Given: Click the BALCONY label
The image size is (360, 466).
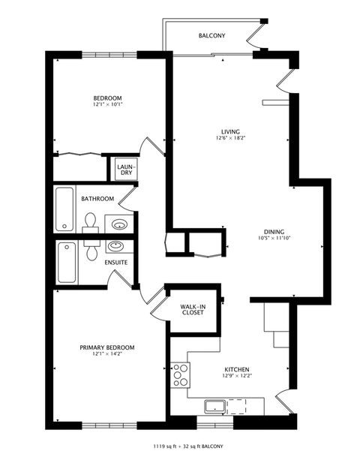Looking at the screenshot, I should [212, 35].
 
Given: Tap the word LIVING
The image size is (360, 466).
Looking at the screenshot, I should [220, 131].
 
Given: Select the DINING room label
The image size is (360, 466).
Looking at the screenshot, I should [273, 232].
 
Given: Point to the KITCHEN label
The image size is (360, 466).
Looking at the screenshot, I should [237, 370].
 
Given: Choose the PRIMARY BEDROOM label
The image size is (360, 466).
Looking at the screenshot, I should [107, 347].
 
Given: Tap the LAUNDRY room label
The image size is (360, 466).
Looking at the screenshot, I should [125, 169].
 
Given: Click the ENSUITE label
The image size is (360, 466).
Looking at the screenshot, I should [115, 262].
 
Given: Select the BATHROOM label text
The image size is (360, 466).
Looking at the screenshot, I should [97, 199].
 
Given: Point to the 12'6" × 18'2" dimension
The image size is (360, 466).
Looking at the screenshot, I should [220, 138].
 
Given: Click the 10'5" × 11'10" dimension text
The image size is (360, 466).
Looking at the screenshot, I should [273, 239].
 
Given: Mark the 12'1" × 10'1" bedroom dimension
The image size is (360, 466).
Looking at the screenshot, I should [107, 105].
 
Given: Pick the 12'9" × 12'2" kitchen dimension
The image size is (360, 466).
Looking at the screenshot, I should [237, 377].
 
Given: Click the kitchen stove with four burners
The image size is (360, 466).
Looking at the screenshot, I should [181, 374].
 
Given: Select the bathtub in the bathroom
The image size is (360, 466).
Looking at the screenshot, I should [65, 209].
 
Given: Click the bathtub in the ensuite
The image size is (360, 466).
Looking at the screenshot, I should [66, 262].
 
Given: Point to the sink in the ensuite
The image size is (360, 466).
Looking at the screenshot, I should [115, 246].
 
